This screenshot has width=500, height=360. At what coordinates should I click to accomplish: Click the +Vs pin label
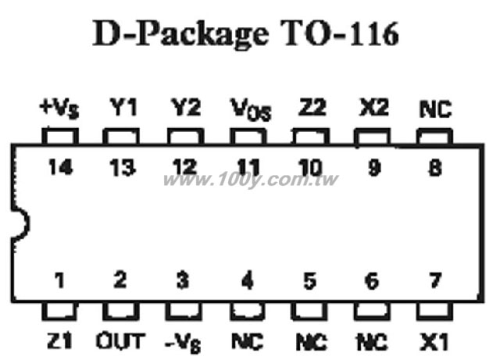pyautogui.click(x=59, y=109)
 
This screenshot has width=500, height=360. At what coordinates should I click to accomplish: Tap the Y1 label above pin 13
pyautogui.click(x=123, y=107)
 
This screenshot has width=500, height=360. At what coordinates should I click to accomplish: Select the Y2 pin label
pyautogui.click(x=186, y=107)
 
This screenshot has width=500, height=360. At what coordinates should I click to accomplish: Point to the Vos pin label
pyautogui.click(x=251, y=109)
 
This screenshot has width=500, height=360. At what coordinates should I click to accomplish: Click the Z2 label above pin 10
pyautogui.click(x=312, y=107)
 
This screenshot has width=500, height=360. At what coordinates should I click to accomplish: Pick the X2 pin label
pyautogui.click(x=373, y=107)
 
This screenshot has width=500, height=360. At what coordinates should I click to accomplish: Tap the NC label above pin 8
pyautogui.click(x=436, y=109)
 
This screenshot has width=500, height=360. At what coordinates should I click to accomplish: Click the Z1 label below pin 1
pyautogui.click(x=59, y=340)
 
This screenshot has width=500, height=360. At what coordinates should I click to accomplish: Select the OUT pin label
pyautogui.click(x=120, y=340)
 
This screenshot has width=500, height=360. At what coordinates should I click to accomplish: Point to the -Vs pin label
pyautogui.click(x=183, y=343)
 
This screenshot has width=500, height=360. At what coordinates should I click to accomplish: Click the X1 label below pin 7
pyautogui.click(x=434, y=341)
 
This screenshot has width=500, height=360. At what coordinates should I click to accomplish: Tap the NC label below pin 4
pyautogui.click(x=248, y=341)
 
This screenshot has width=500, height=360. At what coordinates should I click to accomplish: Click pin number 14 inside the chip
pyautogui.click(x=61, y=167)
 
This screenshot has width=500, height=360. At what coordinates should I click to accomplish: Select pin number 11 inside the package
pyautogui.click(x=248, y=167)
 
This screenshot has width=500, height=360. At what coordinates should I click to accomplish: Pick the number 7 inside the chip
pyautogui.click(x=435, y=280)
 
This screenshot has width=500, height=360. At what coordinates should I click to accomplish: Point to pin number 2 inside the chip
pyautogui.click(x=120, y=280)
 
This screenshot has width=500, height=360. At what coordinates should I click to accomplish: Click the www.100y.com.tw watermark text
pyautogui.click(x=251, y=180)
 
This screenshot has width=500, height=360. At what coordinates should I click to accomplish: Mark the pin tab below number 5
pyautogui.click(x=309, y=311)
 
